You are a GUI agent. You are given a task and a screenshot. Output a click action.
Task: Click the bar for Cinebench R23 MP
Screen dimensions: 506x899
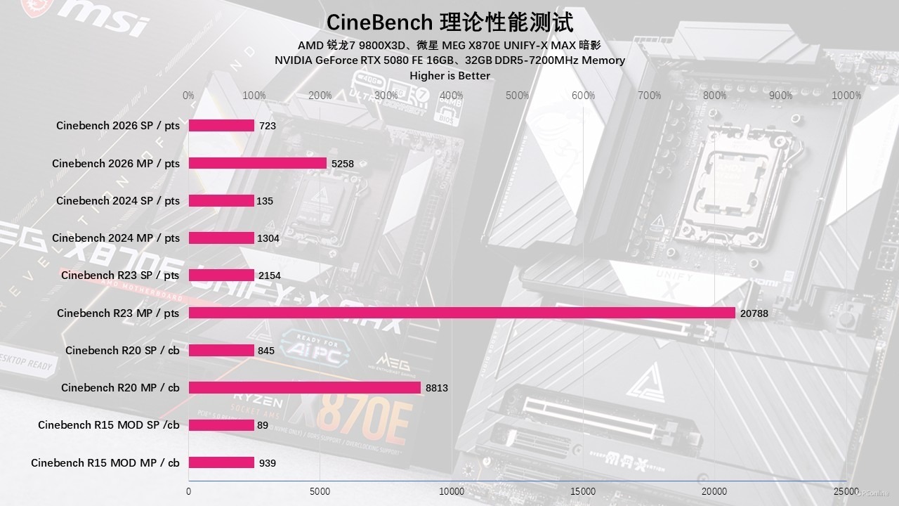461,313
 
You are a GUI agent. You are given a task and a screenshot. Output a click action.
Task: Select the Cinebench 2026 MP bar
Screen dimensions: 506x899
258,163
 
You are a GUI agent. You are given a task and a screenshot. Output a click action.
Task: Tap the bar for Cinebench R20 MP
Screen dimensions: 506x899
304,387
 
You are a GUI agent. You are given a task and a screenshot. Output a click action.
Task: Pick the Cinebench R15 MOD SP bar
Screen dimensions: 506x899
221,425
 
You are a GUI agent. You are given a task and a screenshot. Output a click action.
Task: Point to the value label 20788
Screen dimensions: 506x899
754,313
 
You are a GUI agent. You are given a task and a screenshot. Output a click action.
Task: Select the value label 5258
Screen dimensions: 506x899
343,164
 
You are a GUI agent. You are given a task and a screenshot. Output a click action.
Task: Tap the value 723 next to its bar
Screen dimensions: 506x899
268,126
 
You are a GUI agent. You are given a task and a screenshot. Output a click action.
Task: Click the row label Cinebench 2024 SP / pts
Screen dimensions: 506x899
118,201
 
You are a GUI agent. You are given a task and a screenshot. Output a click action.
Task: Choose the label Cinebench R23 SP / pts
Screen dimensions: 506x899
120,275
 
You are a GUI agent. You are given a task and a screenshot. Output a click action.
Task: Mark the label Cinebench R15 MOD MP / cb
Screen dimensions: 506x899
105,462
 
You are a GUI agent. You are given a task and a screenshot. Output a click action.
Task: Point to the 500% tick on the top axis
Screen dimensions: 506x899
517,96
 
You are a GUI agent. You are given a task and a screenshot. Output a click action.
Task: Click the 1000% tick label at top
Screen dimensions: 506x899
846,96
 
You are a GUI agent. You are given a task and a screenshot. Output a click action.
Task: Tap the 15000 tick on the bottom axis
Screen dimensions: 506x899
583,491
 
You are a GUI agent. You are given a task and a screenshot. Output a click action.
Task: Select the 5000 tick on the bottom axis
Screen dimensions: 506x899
320,491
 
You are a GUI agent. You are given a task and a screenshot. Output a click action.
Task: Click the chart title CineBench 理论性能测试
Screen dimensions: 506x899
449,22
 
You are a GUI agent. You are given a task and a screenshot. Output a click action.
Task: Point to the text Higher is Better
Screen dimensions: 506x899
449,75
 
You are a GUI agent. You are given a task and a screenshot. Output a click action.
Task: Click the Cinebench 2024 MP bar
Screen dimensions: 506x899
221,238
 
